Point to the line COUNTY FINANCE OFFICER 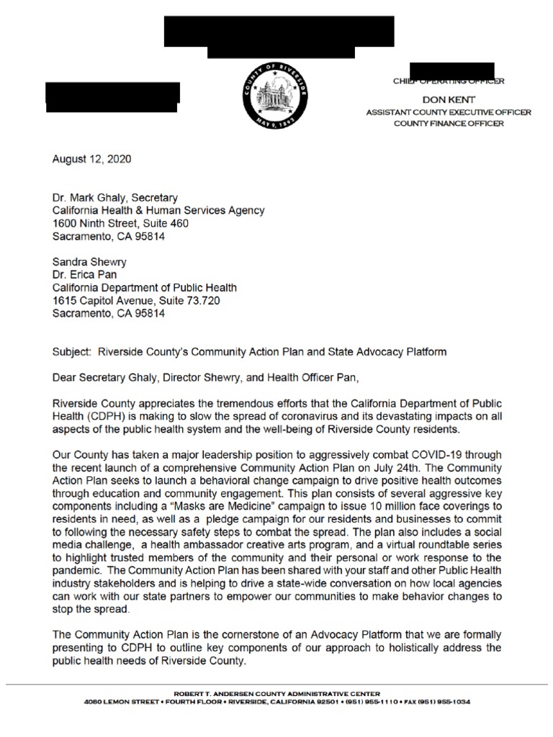tap(448, 123)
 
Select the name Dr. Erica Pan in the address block tap(84, 275)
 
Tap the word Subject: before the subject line tap(73, 352)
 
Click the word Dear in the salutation tap(66, 377)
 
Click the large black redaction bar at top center tap(279, 35)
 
